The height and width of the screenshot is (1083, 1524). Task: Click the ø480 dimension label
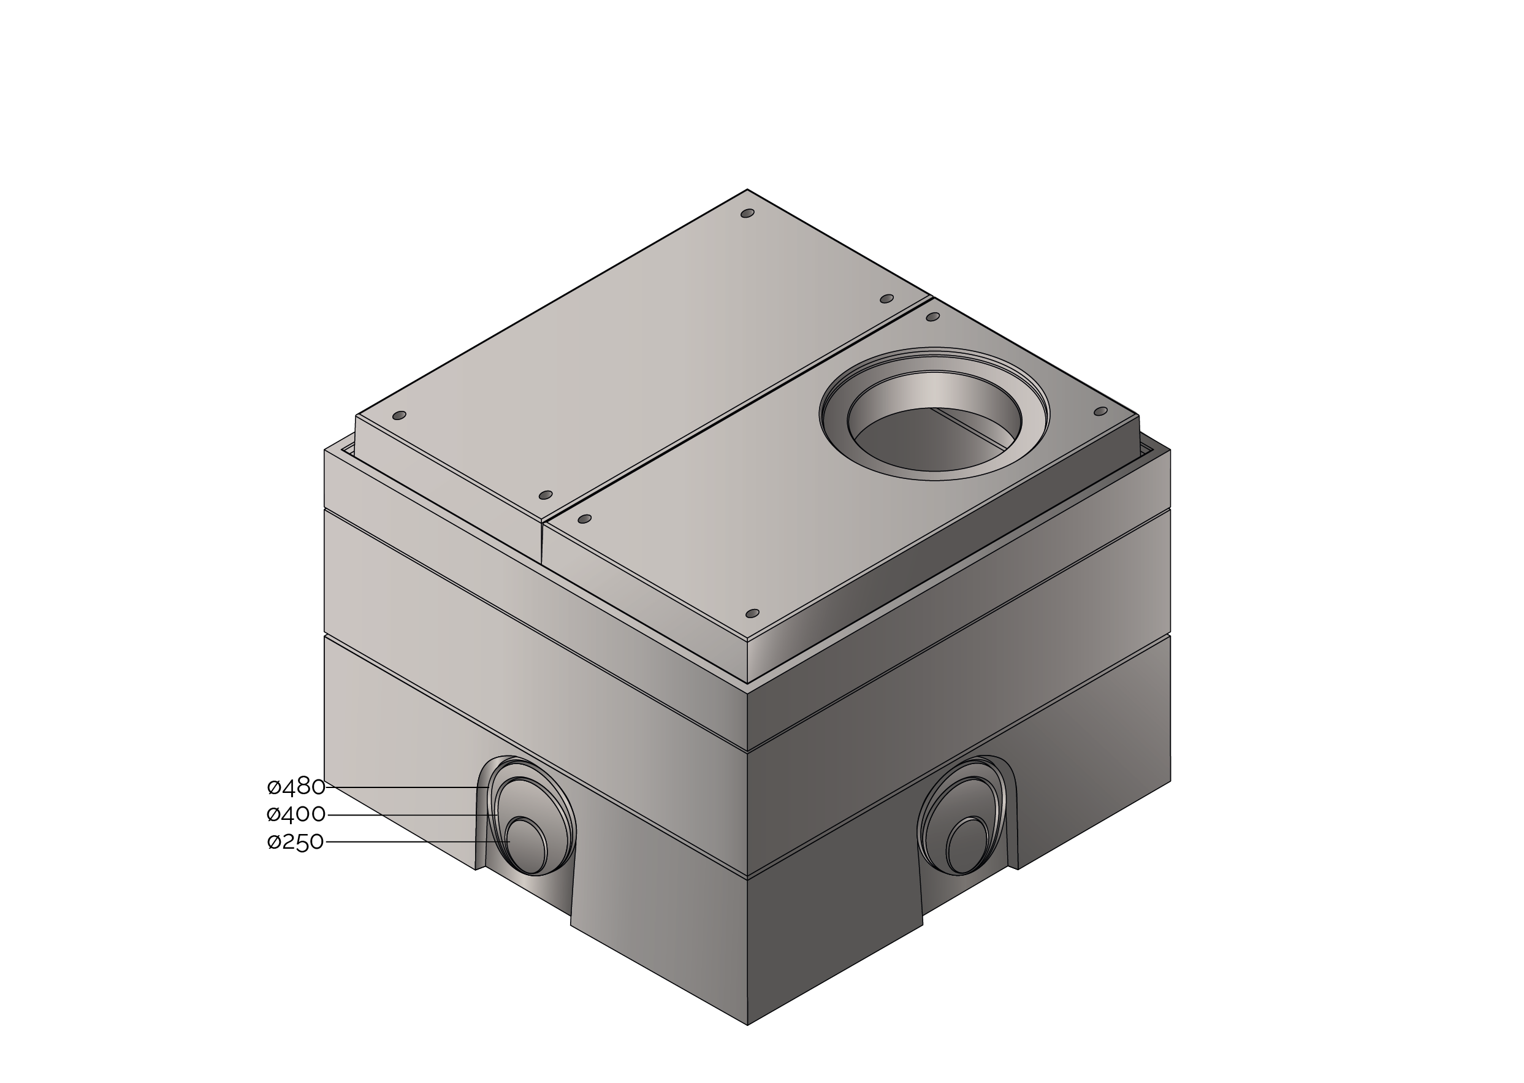coord(296,787)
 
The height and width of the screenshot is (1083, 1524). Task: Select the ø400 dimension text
coord(296,814)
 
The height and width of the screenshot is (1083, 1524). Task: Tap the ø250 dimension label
coord(295,842)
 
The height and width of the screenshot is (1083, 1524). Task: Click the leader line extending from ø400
coord(413,815)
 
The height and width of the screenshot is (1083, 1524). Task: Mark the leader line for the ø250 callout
coord(418,842)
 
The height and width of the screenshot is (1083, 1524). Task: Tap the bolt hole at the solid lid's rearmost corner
coord(747,213)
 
